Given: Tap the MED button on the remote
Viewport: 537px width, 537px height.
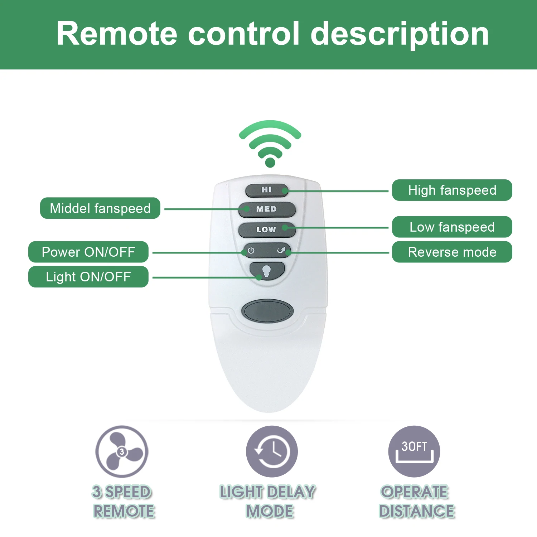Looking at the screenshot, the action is (x=267, y=209).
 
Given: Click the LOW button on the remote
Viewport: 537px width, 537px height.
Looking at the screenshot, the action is (x=267, y=229).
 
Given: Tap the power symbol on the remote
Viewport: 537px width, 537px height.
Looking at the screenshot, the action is (x=251, y=250).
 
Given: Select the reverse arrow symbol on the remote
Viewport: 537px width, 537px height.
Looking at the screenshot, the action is (x=282, y=250).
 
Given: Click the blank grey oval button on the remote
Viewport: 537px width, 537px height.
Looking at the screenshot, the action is (x=267, y=310).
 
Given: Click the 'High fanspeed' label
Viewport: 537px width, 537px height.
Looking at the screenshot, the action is (x=452, y=190).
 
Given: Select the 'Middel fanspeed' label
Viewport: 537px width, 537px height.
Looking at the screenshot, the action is (x=100, y=208).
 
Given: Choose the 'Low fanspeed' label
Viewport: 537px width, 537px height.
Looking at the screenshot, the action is (x=452, y=227).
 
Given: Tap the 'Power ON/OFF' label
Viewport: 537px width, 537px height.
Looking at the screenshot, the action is (x=88, y=252).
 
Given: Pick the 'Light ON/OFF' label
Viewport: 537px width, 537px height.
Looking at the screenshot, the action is (x=88, y=277).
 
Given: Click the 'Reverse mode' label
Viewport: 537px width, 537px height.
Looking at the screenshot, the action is (x=452, y=252).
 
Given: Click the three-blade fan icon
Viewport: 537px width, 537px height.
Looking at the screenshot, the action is (x=122, y=451).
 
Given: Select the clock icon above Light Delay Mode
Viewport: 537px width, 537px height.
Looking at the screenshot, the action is (x=272, y=451).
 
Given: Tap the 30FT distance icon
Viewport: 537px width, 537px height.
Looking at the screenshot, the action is (x=414, y=451).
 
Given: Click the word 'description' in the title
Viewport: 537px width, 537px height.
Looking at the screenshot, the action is (x=400, y=34).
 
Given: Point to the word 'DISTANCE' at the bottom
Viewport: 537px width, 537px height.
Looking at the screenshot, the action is (x=417, y=511).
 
